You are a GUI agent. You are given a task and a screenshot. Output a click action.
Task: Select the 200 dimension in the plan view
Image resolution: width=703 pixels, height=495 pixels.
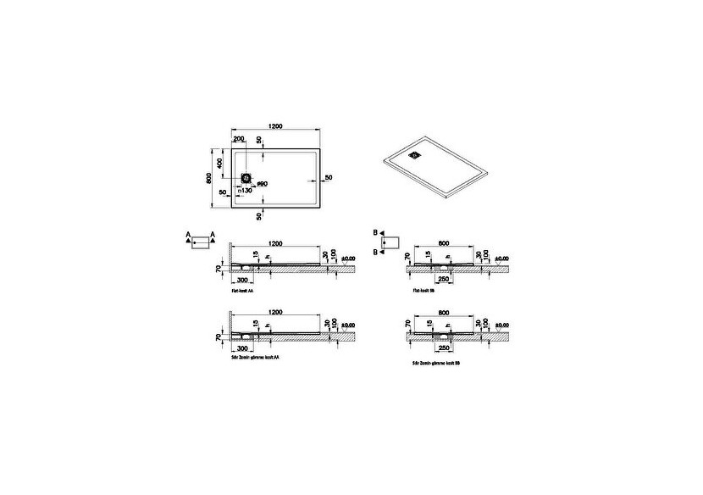coord(238,138)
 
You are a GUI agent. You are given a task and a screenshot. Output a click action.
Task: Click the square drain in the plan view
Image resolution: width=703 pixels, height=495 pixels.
coord(247,178)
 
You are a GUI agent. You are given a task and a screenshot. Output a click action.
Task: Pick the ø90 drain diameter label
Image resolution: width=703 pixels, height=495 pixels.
coord(263,185)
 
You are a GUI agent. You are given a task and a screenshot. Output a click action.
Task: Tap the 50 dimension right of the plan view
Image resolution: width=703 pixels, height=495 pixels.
coord(328,177)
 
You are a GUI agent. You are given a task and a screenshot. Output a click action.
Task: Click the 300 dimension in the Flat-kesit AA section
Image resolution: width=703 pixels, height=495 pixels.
coord(243,279)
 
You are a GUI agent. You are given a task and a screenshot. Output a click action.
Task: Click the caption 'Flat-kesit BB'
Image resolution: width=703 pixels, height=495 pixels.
coord(423,290)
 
